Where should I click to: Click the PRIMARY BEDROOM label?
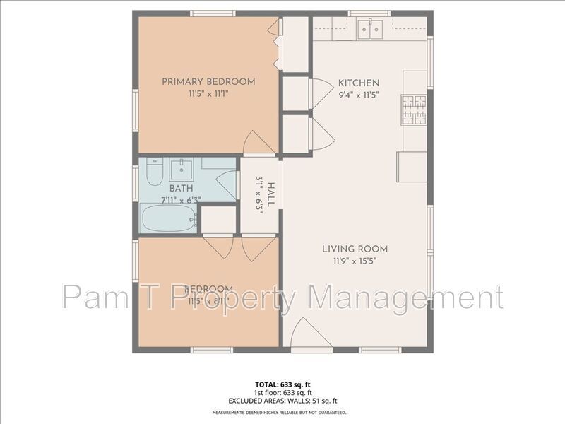tap(208, 82)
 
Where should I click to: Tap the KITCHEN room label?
tap(359, 83)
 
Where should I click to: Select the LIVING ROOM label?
tap(355, 249)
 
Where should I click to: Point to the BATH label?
tap(180, 189)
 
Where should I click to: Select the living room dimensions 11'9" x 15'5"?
tap(355, 261)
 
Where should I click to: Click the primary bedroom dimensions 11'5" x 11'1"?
tap(208, 93)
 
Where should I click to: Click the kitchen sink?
tap(369, 29)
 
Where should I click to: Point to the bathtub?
tap(167, 218)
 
